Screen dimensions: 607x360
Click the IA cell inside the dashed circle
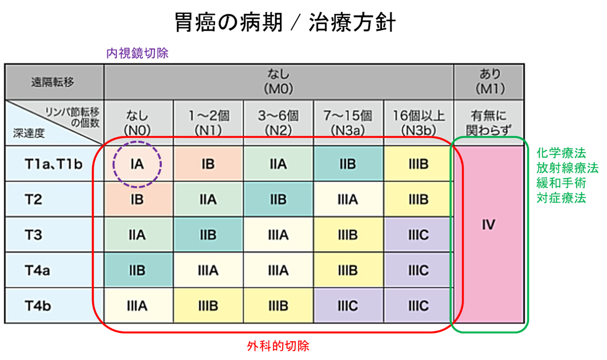point(138,164)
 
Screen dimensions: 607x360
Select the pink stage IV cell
point(489,234)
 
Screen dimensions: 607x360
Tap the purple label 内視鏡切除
point(138,53)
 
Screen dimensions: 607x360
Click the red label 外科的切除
point(278,346)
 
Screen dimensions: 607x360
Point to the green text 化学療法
point(561,153)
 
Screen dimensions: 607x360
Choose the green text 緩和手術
point(561,183)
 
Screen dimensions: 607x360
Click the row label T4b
point(38,305)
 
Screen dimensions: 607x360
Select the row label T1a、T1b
point(54,164)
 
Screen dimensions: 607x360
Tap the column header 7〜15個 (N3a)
point(348,123)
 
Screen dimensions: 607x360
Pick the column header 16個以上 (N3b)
point(419,123)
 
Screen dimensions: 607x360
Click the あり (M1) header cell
point(489,82)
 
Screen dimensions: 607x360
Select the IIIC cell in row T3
point(419,235)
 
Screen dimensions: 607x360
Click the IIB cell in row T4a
point(138,270)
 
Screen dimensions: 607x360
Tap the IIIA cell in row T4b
point(138,305)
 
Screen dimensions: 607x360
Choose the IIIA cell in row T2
point(348,200)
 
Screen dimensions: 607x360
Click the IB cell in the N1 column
point(208,164)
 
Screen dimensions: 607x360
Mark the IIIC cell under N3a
point(348,305)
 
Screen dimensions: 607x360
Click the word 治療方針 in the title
point(352,23)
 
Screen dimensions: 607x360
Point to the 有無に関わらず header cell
point(489,123)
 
